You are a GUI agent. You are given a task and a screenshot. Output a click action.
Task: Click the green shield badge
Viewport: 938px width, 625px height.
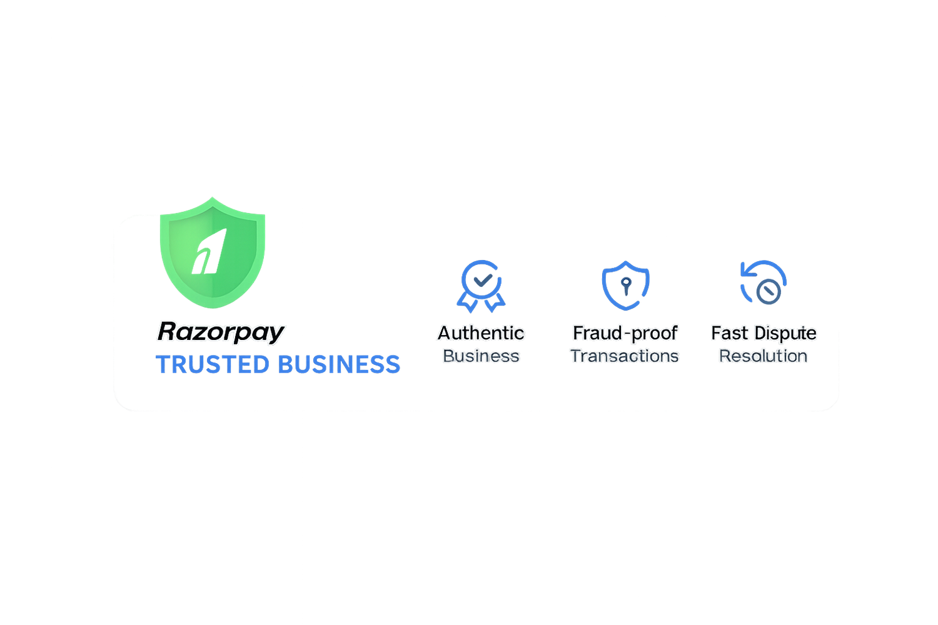213,253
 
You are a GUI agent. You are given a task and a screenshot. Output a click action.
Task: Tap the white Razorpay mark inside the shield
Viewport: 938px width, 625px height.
209,251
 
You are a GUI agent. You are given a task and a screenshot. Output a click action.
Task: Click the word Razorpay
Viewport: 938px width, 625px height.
221,332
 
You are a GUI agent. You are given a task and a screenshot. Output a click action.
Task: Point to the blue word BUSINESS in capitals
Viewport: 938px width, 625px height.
339,364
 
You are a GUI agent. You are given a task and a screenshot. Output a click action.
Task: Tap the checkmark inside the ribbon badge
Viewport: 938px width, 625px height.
482,280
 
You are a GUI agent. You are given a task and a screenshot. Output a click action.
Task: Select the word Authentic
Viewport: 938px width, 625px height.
481,333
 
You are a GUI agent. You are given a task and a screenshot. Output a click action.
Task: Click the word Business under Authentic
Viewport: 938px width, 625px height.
481,356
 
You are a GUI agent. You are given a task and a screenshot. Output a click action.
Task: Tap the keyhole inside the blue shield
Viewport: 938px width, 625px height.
626,286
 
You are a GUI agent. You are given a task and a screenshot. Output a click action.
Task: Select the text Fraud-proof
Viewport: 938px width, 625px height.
625,333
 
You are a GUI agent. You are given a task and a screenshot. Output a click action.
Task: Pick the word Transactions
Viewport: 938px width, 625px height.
624,356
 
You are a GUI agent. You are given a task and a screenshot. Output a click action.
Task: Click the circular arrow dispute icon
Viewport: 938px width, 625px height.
764,282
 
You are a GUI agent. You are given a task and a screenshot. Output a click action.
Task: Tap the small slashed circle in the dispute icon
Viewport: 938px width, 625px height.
769,291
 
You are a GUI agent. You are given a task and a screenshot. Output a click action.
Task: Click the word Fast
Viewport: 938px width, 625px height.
730,333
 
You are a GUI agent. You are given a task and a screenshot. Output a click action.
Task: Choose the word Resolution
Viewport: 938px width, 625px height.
763,356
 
